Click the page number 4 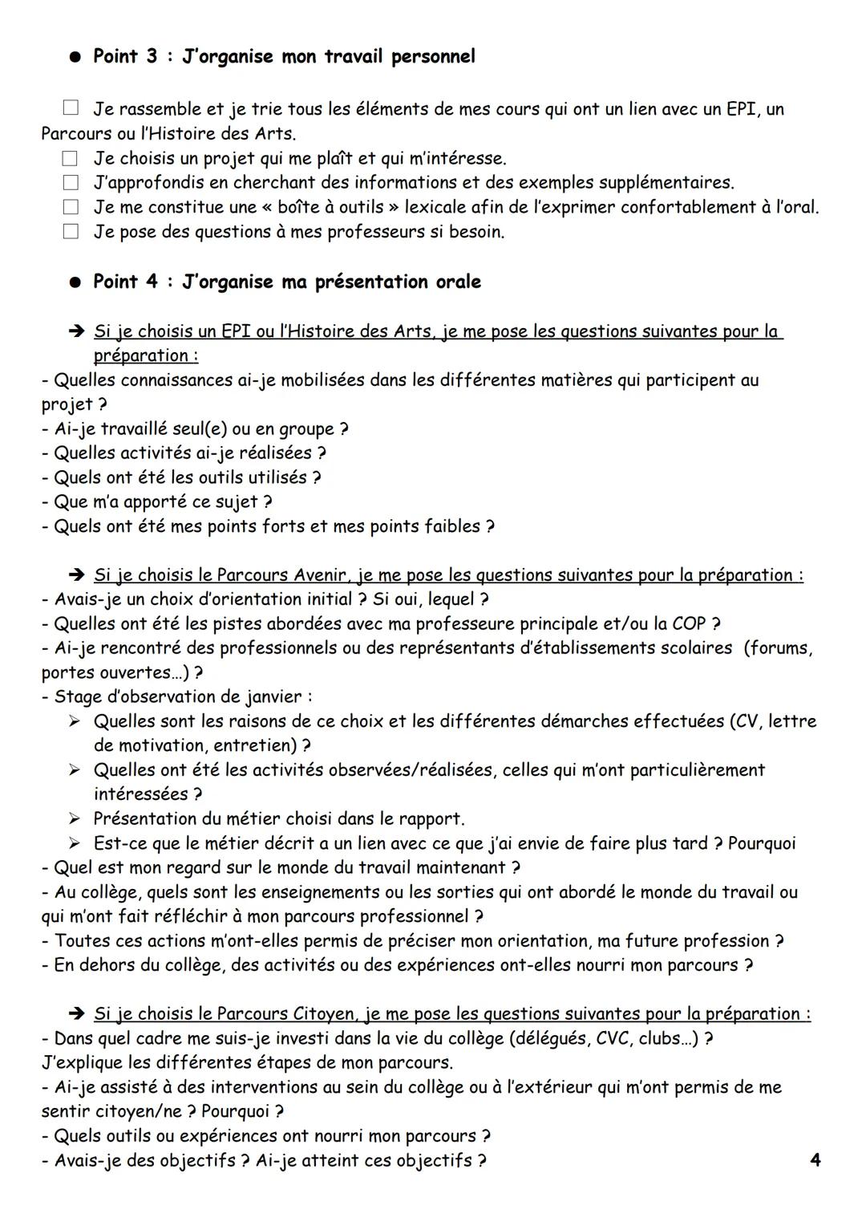point(815,1160)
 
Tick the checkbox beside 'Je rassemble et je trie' point(71,108)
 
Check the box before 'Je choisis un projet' point(71,158)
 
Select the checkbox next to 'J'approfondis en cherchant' point(71,182)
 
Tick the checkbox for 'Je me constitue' point(71,207)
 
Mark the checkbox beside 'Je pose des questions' point(71,232)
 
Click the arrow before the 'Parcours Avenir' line point(76,575)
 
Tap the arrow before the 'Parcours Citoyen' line point(76,1014)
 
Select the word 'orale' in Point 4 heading point(458,282)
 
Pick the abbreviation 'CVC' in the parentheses point(616,1038)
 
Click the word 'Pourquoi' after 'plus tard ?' point(762,843)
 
